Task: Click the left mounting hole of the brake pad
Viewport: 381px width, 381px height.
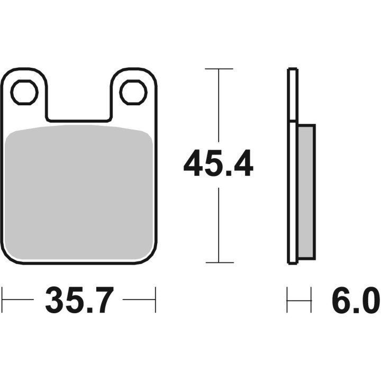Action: coord(25,93)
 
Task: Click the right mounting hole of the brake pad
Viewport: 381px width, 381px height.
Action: coord(133,93)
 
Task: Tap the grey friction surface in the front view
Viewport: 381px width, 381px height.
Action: coord(79,193)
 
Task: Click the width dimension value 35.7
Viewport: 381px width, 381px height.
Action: coord(79,301)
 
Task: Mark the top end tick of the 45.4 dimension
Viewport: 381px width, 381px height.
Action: coord(219,69)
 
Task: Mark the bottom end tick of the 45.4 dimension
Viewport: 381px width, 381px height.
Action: coord(219,262)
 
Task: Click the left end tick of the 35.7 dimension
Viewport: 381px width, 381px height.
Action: coord(3,300)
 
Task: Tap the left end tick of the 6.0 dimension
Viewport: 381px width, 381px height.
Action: coord(287,300)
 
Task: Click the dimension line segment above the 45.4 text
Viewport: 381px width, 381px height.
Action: coord(219,106)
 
